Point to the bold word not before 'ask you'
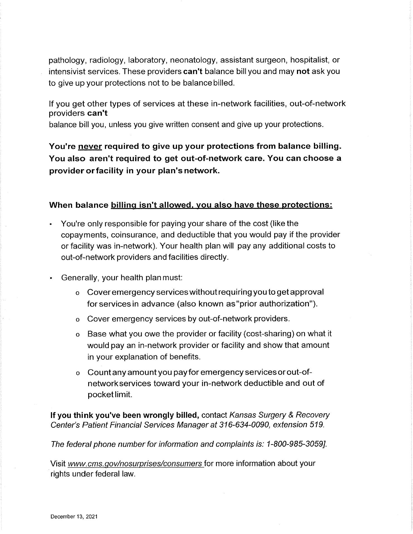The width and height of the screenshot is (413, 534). pyautogui.click(x=303, y=71)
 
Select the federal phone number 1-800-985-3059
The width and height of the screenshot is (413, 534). pyautogui.click(x=296, y=444)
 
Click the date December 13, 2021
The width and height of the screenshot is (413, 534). pyautogui.click(x=74, y=517)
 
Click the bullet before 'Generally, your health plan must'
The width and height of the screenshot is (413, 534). pyautogui.click(x=51, y=278)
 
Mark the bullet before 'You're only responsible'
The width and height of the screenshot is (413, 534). pyautogui.click(x=51, y=224)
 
